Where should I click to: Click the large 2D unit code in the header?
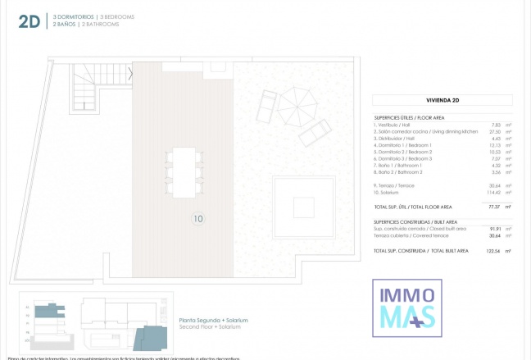point(29,21)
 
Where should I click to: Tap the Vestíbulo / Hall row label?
point(394,125)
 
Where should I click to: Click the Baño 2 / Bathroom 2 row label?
point(398,172)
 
